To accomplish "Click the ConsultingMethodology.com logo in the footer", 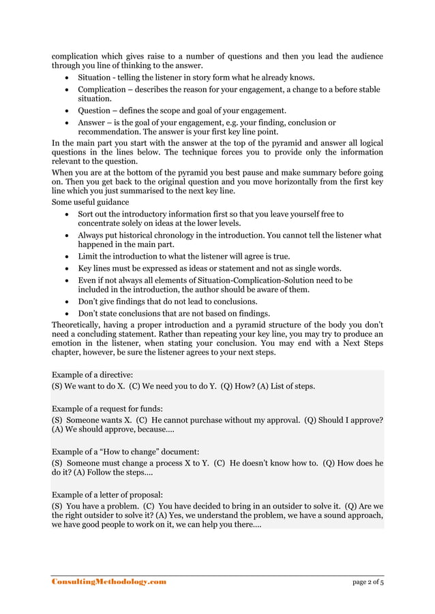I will pos(109,582).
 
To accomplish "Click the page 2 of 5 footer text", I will pos(367,582).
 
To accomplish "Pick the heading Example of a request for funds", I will pos(108,408).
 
